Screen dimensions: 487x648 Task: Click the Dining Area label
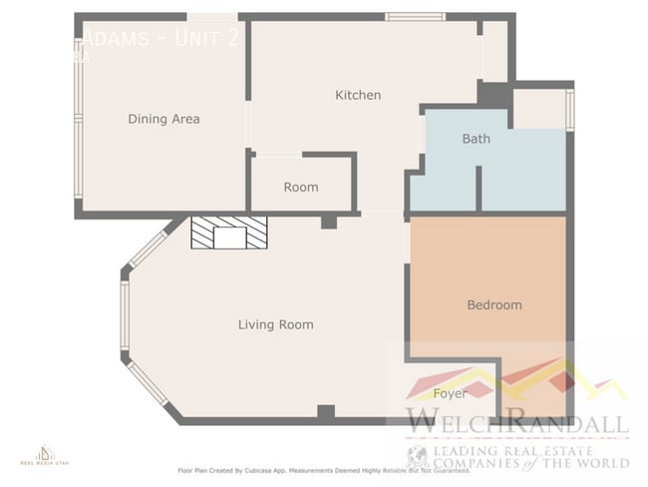[163, 119]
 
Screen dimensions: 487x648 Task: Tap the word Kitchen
[357, 95]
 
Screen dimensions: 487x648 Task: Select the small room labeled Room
[300, 187]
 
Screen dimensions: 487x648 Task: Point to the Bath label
[476, 139]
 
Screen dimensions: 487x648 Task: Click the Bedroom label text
[493, 304]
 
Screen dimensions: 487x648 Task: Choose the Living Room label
[275, 324]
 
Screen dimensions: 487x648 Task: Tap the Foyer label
[450, 393]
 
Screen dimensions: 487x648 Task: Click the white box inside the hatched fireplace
[230, 237]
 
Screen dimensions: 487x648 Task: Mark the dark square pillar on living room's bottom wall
[325, 412]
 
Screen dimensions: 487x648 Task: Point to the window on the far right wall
[569, 110]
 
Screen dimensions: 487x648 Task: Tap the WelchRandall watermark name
[515, 423]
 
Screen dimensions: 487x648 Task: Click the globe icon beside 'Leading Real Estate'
[417, 457]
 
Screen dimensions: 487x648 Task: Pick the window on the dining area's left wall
[78, 118]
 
